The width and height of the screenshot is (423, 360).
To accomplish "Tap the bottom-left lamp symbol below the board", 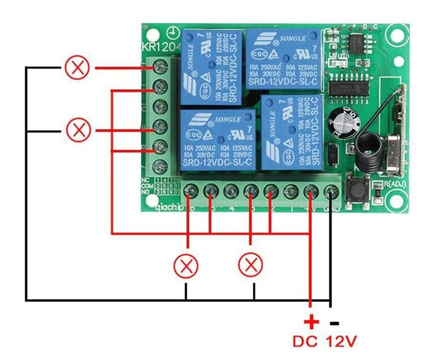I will (x=187, y=265).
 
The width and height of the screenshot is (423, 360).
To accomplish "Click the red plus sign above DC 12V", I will (x=311, y=321).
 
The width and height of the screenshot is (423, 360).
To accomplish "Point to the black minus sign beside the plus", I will (x=334, y=321).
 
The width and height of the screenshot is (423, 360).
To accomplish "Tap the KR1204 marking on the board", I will (x=159, y=46).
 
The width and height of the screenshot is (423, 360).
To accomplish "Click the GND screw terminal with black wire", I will (x=332, y=191).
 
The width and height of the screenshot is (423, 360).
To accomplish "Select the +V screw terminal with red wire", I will (x=312, y=191).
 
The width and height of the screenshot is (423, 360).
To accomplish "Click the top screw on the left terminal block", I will (x=160, y=67).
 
